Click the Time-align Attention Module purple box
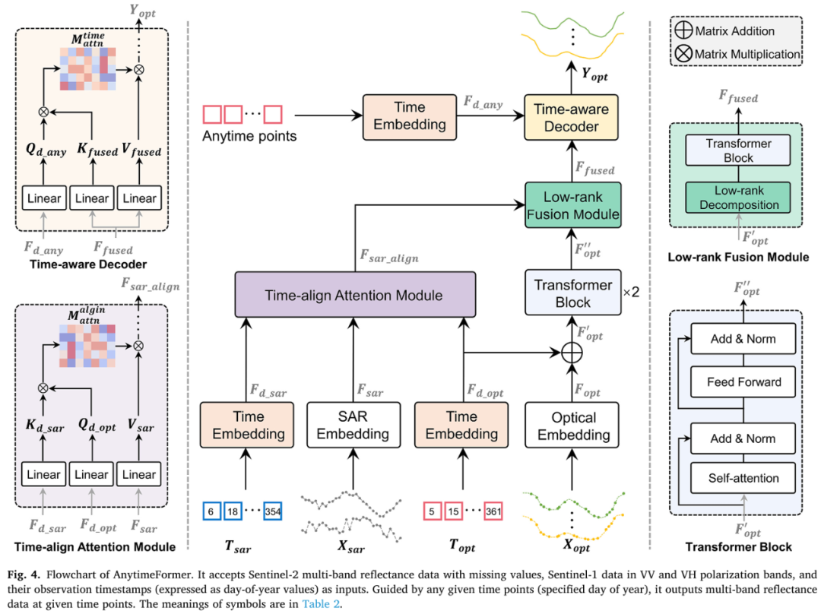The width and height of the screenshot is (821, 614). point(355,296)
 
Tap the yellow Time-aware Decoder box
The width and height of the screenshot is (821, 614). point(571,116)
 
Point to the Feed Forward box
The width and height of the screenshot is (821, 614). point(743,382)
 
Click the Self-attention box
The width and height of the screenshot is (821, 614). point(743,478)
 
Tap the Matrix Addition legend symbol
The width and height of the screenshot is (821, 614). point(684,31)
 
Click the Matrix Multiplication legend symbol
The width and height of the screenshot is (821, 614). point(684,54)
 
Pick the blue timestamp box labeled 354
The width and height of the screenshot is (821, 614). point(272,511)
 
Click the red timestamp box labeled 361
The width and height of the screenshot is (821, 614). point(493,511)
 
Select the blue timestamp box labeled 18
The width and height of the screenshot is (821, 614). point(233,511)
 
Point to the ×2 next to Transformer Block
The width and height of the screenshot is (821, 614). point(631,292)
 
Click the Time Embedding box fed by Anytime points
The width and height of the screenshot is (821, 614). point(409,116)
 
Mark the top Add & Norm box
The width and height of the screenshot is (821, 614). point(743,339)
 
